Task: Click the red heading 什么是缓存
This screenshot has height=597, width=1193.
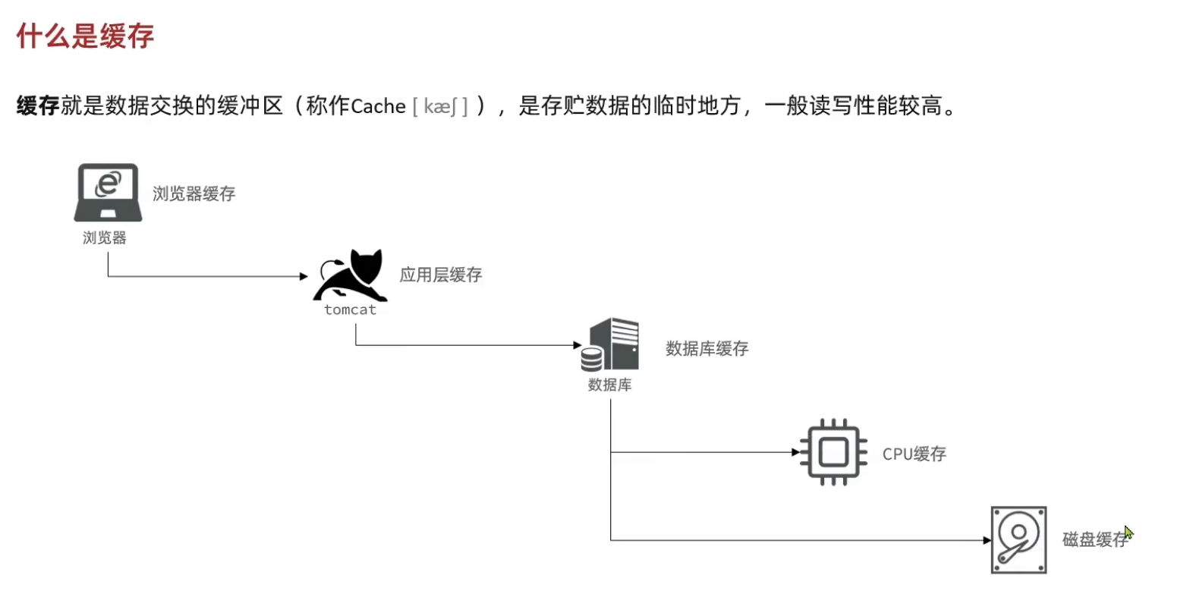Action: click(85, 36)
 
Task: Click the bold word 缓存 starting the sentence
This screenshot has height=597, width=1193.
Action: click(38, 105)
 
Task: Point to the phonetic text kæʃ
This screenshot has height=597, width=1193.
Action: click(440, 106)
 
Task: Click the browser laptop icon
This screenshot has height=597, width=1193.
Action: click(108, 191)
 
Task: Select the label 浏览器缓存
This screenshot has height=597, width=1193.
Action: click(194, 194)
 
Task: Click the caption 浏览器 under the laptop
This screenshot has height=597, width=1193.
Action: click(105, 237)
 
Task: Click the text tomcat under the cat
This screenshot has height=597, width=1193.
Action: click(350, 309)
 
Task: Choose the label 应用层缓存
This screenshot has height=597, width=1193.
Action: click(441, 275)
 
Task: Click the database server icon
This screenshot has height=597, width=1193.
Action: click(611, 344)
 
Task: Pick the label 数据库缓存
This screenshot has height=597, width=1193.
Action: click(707, 348)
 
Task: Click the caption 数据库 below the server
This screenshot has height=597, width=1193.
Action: click(609, 385)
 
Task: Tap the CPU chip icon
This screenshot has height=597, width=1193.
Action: click(833, 452)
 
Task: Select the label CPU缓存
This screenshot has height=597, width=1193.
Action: click(914, 454)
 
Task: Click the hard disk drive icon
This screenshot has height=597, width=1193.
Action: click(1018, 539)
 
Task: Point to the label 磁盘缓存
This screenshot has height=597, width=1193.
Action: click(1094, 539)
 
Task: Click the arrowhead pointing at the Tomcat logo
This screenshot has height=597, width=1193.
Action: click(304, 276)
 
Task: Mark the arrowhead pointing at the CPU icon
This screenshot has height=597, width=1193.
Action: click(795, 452)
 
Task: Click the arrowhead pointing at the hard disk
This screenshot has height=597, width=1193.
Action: click(987, 540)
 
